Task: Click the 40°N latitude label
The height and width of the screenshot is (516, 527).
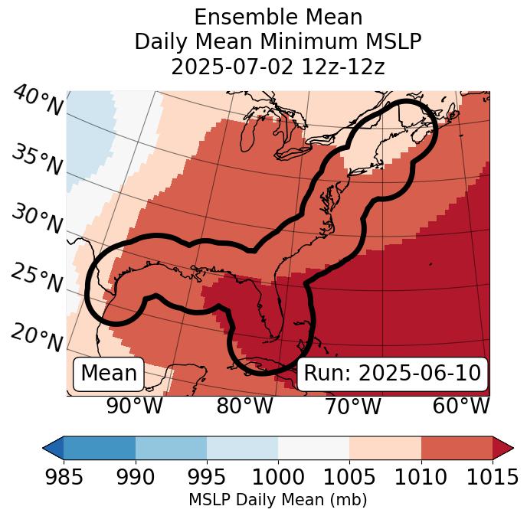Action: coord(37,101)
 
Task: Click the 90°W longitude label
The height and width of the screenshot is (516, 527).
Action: coord(135,406)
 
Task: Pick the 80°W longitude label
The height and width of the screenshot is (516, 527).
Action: coord(244,406)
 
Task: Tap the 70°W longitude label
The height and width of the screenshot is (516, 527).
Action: coord(353,406)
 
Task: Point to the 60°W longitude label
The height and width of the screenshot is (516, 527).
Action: coord(461,406)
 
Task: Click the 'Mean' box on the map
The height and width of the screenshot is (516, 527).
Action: coord(109,374)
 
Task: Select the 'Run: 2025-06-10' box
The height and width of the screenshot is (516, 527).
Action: coord(392,374)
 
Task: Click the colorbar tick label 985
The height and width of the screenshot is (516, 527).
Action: coord(64,478)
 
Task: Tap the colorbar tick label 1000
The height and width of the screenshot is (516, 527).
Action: coord(278,478)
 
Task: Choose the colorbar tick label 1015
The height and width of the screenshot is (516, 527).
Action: coord(492,478)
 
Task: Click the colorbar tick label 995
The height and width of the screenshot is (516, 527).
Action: coord(207,478)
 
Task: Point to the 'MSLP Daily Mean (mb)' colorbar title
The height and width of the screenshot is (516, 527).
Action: coord(277,500)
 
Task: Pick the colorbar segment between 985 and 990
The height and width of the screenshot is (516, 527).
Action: coord(100,447)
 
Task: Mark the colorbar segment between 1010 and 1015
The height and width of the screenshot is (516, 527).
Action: coord(457,447)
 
